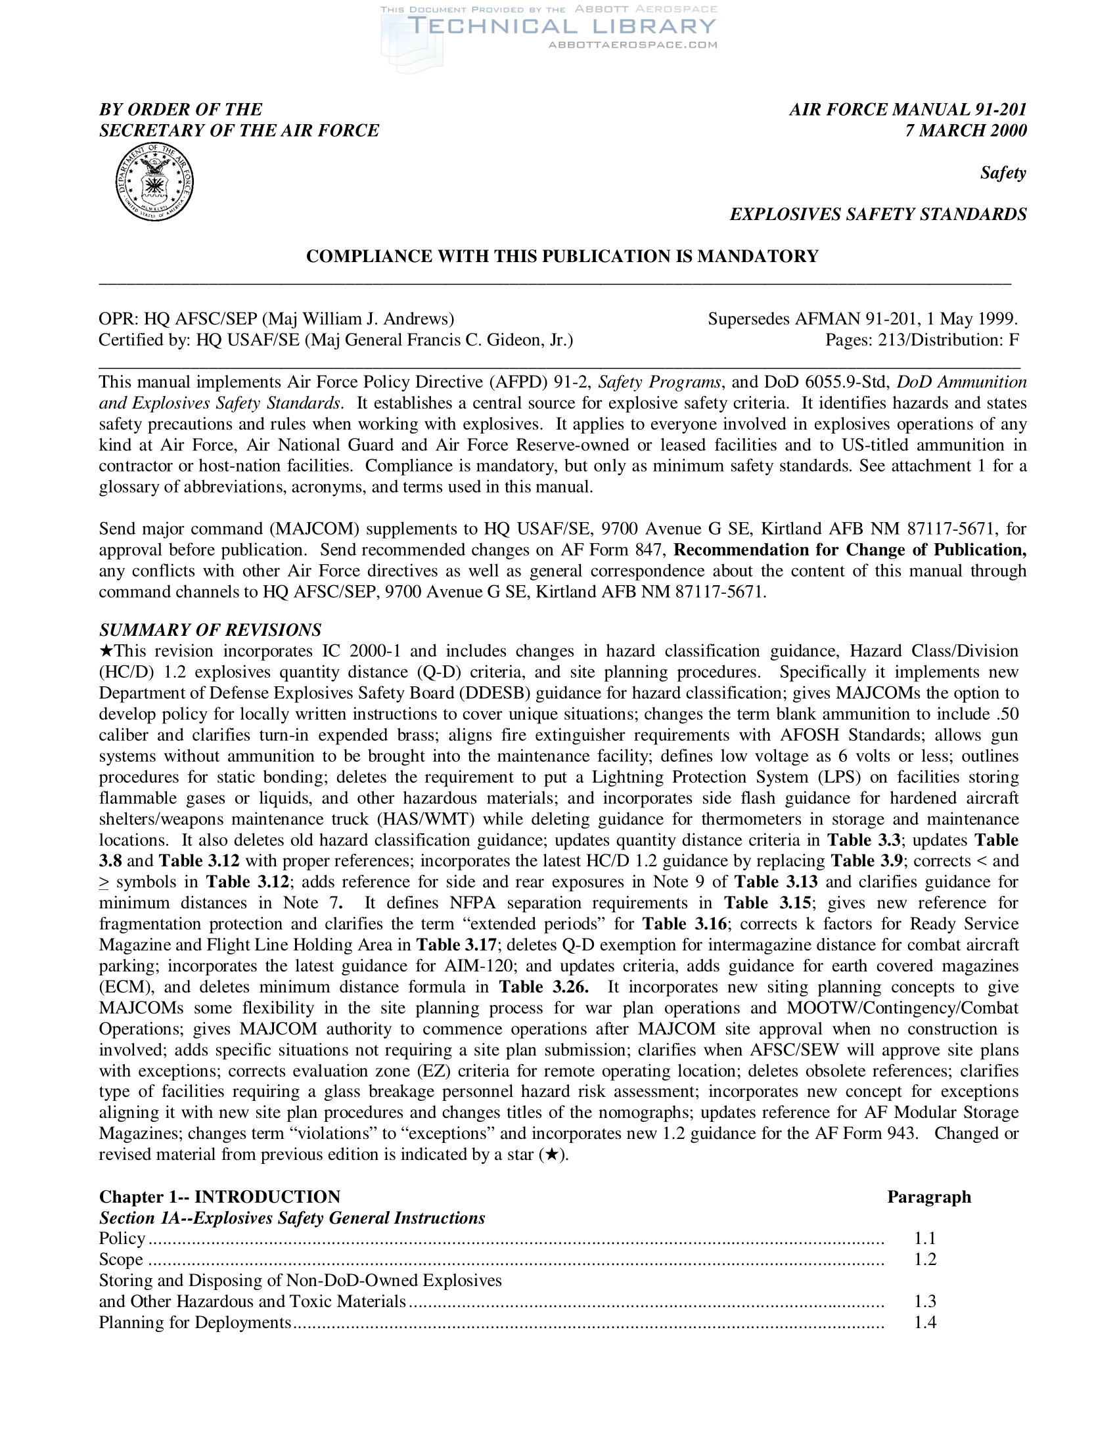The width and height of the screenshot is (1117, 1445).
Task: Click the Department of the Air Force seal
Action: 154,182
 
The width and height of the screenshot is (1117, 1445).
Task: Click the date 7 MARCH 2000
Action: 965,130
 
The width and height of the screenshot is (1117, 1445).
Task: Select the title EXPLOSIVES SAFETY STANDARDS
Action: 877,214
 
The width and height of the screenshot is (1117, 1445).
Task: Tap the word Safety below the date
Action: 1003,173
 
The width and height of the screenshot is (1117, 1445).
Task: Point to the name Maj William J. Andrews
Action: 358,319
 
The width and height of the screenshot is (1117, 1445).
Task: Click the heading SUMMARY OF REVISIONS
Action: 210,629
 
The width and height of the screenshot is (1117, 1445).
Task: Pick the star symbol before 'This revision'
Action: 106,651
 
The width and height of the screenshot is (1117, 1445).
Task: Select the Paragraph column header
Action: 928,1197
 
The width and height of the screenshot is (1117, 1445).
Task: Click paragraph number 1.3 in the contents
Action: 925,1301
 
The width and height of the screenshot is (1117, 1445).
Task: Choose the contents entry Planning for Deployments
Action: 195,1323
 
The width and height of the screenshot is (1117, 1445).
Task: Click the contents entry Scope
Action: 121,1259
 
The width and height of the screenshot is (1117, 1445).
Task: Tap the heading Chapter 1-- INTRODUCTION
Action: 219,1197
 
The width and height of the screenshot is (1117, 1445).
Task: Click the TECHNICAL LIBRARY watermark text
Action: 562,26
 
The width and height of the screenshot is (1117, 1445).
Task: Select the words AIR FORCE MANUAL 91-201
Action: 907,110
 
